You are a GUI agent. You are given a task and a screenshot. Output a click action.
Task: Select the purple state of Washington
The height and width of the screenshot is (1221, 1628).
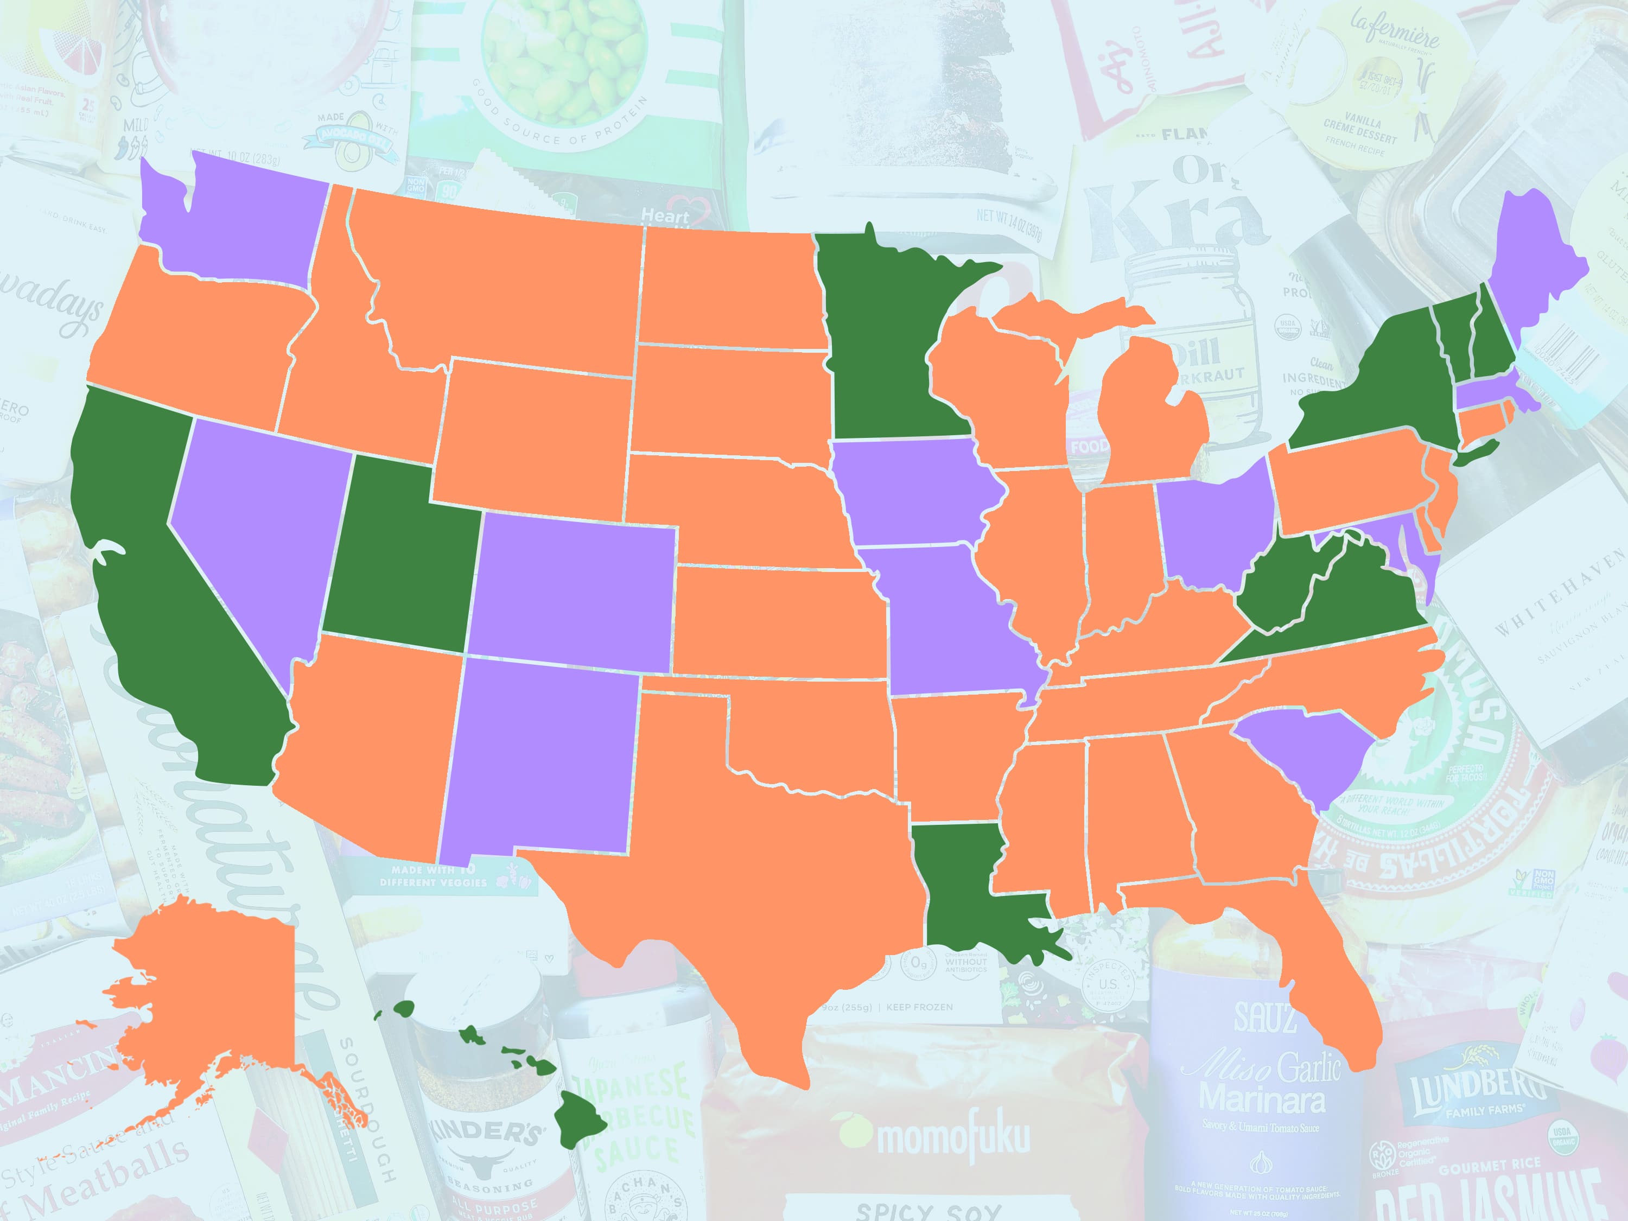click(236, 221)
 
